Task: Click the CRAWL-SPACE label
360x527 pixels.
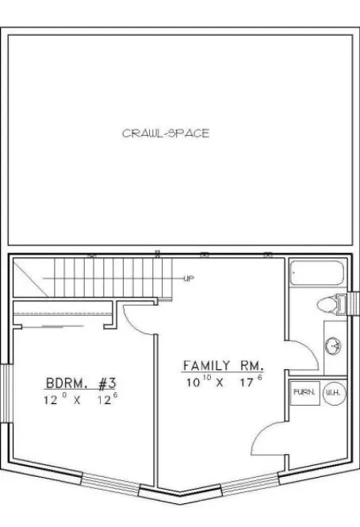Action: click(166, 133)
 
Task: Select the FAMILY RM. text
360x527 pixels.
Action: click(223, 366)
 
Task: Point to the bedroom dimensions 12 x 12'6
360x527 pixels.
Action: click(80, 401)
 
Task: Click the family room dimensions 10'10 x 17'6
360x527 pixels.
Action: click(223, 381)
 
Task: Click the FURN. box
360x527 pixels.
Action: click(304, 393)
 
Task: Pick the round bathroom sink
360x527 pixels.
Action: click(333, 344)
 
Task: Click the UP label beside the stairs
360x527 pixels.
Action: click(190, 279)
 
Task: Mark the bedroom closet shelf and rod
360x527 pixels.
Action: click(63, 317)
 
